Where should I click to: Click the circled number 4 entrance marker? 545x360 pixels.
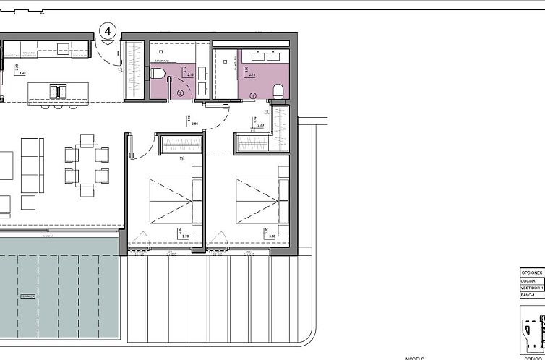click(108, 31)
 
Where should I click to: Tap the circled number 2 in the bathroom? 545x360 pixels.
click(180, 93)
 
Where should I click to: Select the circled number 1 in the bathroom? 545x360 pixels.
click(253, 95)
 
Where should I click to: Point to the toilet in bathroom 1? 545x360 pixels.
click(278, 89)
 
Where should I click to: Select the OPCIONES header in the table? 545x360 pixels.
click(531, 273)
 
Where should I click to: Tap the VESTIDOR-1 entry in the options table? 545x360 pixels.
click(531, 288)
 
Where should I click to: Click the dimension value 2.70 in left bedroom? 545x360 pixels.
click(184, 236)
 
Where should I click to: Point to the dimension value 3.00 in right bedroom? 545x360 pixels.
click(272, 236)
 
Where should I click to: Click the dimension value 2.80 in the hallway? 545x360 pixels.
click(194, 124)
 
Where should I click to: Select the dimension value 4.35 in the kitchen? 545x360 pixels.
click(22, 72)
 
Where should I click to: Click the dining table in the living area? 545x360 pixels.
click(87, 164)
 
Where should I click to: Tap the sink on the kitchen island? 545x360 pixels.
click(56, 90)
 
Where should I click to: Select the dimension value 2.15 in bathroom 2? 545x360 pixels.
click(190, 74)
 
